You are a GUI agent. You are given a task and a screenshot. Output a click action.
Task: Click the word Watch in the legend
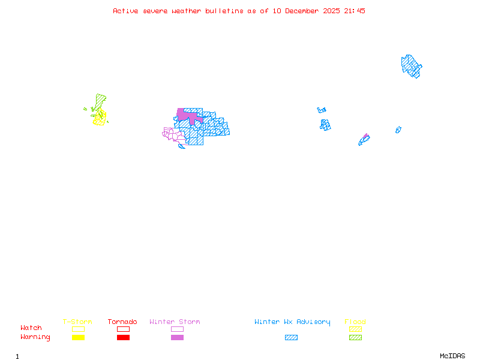tap(31, 328)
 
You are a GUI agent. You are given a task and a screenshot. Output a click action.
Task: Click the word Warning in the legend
tap(35, 337)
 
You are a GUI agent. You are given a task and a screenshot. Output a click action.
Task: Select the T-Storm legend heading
tap(77, 322)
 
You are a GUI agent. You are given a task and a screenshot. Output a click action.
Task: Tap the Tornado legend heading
tap(122, 322)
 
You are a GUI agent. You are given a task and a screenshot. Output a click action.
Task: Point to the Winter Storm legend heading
tap(175, 322)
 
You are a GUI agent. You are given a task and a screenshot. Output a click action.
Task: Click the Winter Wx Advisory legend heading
tap(292, 322)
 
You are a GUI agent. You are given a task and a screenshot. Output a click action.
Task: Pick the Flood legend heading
tap(355, 322)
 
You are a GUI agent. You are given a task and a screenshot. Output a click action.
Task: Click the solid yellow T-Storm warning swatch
tap(78, 338)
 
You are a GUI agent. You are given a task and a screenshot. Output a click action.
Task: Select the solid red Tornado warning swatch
tap(123, 338)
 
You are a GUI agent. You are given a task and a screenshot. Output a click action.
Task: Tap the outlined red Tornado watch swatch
tap(123, 329)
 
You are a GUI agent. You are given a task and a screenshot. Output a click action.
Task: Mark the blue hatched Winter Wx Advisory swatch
tap(291, 338)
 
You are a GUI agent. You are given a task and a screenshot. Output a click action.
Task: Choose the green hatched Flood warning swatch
tap(355, 338)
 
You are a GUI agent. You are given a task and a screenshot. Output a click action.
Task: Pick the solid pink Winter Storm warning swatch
tap(177, 338)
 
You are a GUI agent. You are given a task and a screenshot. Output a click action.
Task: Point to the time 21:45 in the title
tap(353, 11)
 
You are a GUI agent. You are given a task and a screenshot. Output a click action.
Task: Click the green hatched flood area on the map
tap(101, 100)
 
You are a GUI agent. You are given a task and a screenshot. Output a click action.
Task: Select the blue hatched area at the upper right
tap(411, 65)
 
